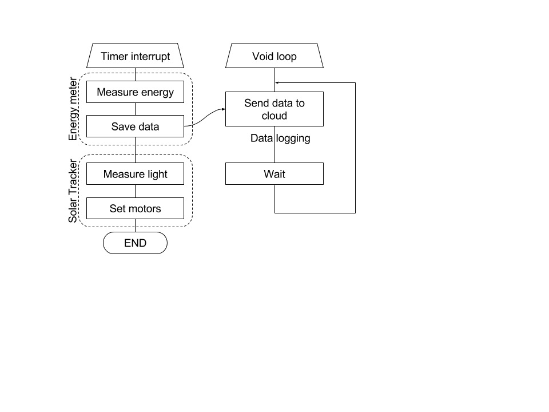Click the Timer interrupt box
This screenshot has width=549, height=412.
coord(135,57)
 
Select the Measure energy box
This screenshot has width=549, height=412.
coord(135,92)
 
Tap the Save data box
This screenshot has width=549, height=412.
coord(135,126)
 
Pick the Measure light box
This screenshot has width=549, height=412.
coord(135,174)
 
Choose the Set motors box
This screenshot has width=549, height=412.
coord(135,208)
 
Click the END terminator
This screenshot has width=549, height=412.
coord(135,243)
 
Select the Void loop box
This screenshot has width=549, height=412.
coord(274,57)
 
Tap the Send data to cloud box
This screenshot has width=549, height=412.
coord(274,109)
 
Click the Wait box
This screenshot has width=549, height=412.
coord(274,173)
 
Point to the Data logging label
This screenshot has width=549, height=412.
coord(280,138)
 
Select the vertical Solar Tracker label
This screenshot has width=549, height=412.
coord(73,191)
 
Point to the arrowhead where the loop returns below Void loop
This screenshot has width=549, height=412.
coord(277,82)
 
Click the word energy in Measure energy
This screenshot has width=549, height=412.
coord(155,92)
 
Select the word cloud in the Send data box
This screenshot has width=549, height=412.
coord(274,116)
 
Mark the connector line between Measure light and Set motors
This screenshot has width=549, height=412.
coord(135,191)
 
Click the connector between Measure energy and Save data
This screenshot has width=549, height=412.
coord(135,109)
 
